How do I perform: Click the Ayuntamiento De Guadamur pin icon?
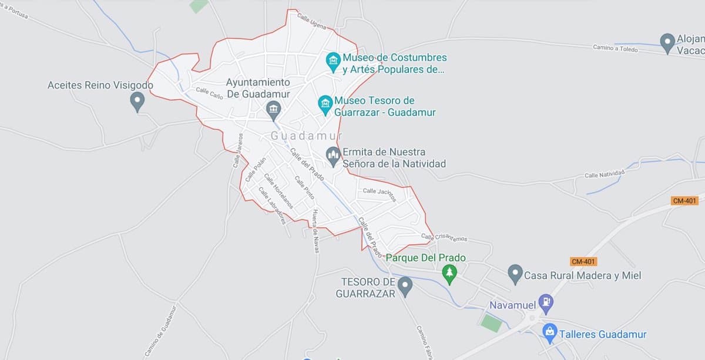point(273,109)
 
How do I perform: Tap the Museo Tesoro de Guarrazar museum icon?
point(325,105)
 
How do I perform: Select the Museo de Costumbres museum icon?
point(333,61)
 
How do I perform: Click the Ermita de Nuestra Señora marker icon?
point(334,156)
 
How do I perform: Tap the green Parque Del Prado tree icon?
point(450,274)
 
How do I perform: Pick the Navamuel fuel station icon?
point(546,303)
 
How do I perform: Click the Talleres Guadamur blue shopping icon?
point(550,333)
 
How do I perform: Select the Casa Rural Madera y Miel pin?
point(515,274)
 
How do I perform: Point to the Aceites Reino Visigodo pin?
point(137,101)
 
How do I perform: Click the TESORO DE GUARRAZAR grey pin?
point(405,286)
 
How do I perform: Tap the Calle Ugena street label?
point(311,22)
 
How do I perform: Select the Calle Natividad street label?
point(605,173)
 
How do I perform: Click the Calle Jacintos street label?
point(380,193)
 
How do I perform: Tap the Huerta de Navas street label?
point(315,231)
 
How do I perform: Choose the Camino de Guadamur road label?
point(160,332)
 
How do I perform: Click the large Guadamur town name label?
point(306,136)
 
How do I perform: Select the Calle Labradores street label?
point(272,205)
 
